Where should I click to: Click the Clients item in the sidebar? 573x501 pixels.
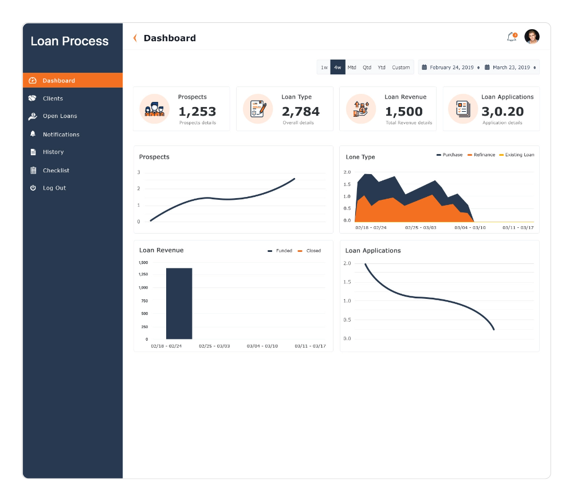53,98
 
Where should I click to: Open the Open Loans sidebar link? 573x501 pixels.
60,116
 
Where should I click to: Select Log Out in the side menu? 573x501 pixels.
54,188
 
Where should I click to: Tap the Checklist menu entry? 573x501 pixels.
56,170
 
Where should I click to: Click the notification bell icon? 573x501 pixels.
511,37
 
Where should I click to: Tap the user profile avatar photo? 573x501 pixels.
532,37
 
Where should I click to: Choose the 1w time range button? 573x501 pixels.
324,68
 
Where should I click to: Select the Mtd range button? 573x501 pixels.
352,68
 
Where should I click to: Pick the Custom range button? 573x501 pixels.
401,68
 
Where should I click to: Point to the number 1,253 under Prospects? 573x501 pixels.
197,112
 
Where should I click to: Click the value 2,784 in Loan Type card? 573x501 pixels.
300,112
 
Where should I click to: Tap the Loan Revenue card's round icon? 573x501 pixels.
361,109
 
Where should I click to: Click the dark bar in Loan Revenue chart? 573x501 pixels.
179,303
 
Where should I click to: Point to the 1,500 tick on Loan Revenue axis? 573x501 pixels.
143,262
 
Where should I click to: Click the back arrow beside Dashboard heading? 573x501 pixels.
135,38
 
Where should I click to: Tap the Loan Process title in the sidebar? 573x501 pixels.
69,41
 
